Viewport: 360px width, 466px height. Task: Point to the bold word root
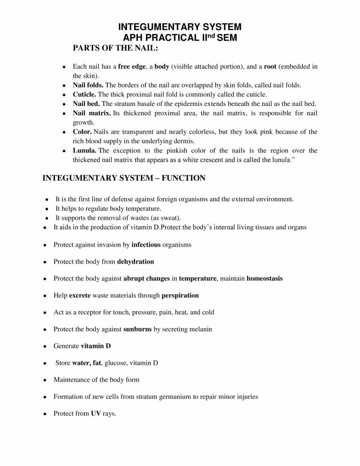pos(270,67)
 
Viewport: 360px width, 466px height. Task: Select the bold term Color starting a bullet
pos(82,132)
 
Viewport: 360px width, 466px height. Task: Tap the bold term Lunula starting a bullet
pos(85,151)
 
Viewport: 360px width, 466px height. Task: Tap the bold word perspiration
pos(180,296)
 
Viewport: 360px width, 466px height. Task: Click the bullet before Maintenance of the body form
pos(44,380)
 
